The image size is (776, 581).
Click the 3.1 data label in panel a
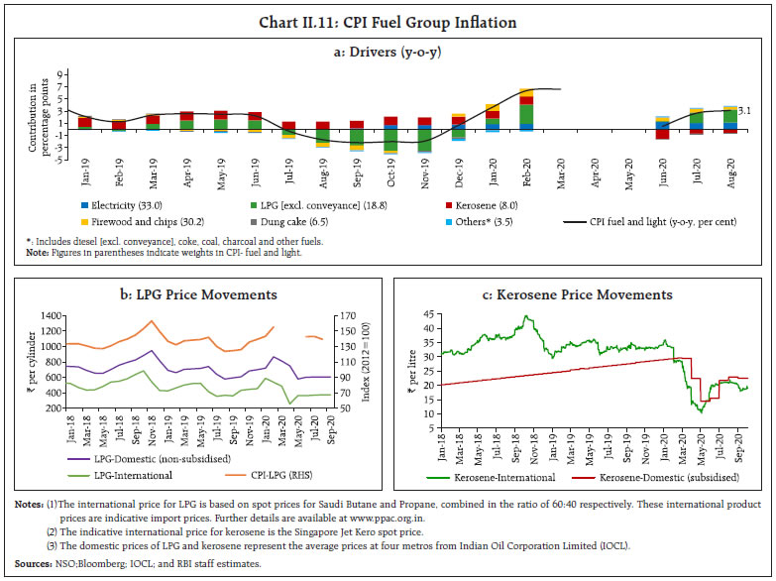tap(747, 112)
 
